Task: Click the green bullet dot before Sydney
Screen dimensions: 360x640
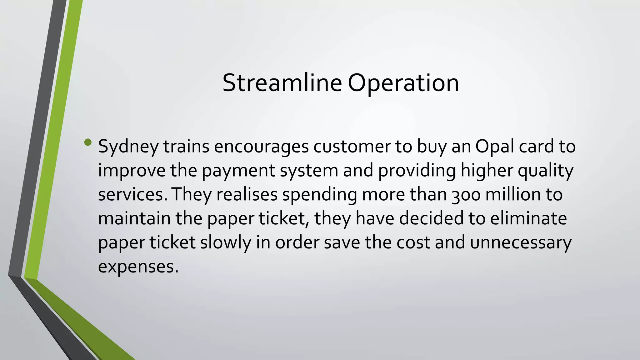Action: point(88,143)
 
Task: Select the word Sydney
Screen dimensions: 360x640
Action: point(128,147)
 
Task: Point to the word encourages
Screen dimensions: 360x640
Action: point(261,147)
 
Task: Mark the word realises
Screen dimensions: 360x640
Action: point(247,195)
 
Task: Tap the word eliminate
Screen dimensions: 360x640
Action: point(528,218)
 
